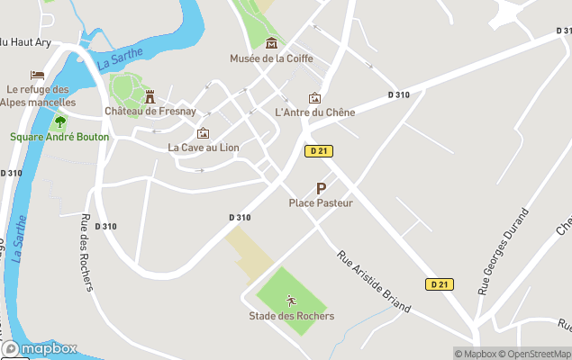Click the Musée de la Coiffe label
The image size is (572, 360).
coord(271,59)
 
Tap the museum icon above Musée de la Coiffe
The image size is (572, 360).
coord(272,43)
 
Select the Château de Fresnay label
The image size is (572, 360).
coord(150,112)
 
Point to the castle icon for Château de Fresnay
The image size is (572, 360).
coord(150,96)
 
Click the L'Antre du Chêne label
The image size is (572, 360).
coord(314,112)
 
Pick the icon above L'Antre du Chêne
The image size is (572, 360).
coord(314,97)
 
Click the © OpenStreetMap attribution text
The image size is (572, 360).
coord(535,354)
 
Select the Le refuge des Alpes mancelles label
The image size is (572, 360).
coord(38,95)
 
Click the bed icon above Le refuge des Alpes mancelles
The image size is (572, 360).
coord(37,75)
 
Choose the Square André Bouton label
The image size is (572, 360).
coord(59,137)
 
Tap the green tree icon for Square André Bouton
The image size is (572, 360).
coord(60,121)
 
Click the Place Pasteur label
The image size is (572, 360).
coord(321,203)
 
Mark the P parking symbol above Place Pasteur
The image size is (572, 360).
coord(321,188)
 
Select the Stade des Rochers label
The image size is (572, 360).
coord(291,316)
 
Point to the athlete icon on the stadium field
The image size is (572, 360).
coord(291,301)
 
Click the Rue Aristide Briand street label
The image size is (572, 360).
coord(373,281)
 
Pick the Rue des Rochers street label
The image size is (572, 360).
coord(86,253)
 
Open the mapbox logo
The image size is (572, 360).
coord(40,349)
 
